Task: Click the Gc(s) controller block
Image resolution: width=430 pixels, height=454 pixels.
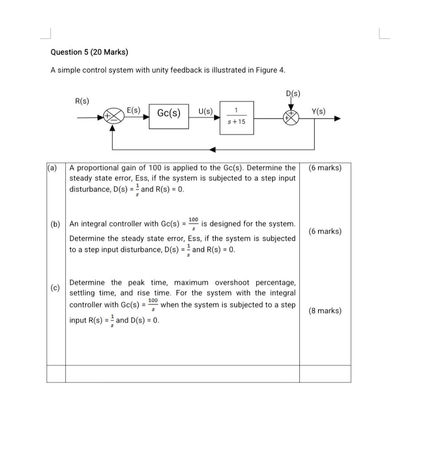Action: [169, 113]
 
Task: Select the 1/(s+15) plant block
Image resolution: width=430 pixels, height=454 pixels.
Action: [236, 117]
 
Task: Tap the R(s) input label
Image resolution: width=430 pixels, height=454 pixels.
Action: [82, 101]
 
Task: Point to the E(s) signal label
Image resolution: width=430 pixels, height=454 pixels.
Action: [133, 110]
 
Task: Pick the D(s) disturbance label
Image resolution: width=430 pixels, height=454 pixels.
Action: [293, 94]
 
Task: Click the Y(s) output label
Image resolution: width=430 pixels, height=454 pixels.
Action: [318, 111]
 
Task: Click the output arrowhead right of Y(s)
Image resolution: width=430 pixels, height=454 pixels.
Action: [338, 118]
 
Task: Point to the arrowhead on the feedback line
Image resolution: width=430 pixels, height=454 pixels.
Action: [213, 150]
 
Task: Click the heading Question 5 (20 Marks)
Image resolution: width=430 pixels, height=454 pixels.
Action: [89, 52]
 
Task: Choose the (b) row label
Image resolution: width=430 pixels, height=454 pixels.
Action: [55, 224]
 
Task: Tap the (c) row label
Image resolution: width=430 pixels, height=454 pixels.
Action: [55, 288]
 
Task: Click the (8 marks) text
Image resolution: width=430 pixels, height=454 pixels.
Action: [325, 311]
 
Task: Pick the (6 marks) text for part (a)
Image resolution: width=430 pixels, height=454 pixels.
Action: [325, 168]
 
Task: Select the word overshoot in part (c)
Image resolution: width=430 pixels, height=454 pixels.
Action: [234, 283]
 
